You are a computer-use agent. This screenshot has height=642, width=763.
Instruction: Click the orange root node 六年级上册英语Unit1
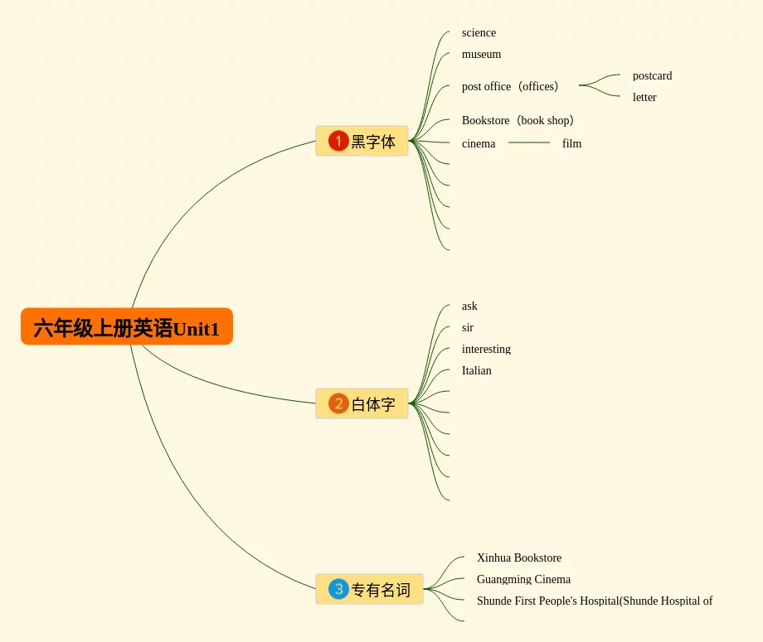click(126, 327)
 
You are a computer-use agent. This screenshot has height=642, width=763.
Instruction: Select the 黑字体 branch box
click(362, 141)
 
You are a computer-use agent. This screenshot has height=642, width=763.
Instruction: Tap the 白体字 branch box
click(362, 403)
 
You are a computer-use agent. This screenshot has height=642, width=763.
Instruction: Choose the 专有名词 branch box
click(369, 589)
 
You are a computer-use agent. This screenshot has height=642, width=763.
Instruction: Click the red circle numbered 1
click(338, 141)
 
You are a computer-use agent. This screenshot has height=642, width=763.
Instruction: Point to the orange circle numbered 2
click(338, 403)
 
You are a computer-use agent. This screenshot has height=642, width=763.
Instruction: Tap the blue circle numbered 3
click(338, 589)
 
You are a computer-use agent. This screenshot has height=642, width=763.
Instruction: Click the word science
click(479, 33)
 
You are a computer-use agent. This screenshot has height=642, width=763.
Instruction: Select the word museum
click(481, 55)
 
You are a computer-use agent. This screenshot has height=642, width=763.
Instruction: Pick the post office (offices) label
click(513, 86)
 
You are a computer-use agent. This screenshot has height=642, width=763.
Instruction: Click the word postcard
click(652, 76)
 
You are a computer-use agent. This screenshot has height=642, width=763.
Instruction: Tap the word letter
click(644, 98)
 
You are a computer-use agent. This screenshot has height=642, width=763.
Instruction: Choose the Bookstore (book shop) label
click(520, 121)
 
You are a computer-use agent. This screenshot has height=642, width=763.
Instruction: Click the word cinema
click(479, 144)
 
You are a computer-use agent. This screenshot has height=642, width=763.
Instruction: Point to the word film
click(571, 144)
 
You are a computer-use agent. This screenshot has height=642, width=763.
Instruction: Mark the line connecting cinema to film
click(529, 142)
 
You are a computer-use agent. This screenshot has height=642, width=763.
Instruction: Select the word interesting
click(486, 350)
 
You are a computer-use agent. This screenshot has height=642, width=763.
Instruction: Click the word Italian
click(476, 371)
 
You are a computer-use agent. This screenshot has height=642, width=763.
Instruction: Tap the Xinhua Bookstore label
click(518, 558)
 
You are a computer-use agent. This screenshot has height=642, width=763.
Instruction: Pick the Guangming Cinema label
click(523, 580)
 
